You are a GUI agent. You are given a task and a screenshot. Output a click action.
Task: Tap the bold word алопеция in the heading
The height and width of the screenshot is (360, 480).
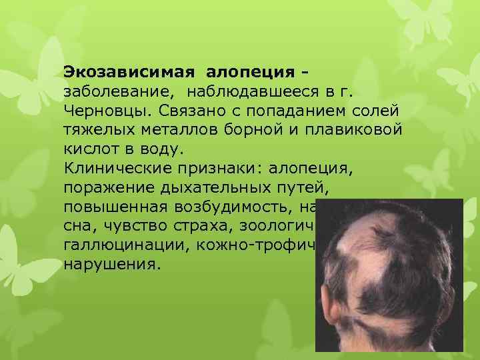click(251, 71)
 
